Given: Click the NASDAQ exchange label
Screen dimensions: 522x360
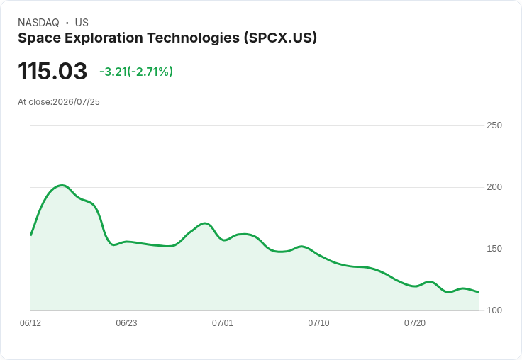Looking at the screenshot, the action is pos(38,23).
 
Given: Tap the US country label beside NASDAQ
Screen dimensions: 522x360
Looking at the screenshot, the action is pos(82,23).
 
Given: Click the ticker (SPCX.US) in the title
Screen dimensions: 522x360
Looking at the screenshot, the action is pos(280,38).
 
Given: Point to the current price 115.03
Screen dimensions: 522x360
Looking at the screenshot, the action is pos(52,71).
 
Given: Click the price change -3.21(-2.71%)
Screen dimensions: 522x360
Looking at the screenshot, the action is pos(136,72).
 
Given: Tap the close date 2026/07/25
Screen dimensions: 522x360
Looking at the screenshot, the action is pos(76,102).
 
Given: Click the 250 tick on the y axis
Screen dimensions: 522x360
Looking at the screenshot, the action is pos(494,125).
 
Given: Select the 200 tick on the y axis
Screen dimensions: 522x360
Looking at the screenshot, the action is pos(494,187).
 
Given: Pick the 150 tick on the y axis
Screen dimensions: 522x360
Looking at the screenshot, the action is pos(494,249).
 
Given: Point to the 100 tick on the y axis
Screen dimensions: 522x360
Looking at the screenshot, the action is pos(494,310).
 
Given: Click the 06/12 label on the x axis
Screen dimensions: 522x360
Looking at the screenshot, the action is pos(30,322).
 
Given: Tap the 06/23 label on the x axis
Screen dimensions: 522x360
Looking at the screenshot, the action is pos(126,322).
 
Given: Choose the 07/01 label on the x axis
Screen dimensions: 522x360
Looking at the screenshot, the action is pos(223,322).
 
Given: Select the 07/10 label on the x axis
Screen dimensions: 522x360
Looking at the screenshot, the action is pos(318,322).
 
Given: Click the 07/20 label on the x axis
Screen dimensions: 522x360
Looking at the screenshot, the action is pos(415,322).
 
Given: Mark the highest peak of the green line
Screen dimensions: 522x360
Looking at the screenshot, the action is pos(62,186).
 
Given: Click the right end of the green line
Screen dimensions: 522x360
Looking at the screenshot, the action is pos(479,293).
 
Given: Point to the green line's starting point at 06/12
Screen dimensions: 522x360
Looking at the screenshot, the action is pos(30,235).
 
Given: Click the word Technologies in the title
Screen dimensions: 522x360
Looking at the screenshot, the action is pos(194,38).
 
